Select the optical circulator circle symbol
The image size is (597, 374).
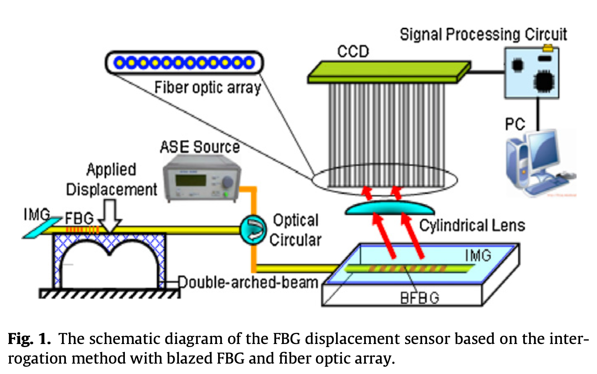[253, 229]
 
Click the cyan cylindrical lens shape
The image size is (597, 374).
[390, 208]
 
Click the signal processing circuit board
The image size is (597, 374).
[532, 73]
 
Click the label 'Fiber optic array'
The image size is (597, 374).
[207, 88]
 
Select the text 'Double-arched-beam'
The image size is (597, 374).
[248, 282]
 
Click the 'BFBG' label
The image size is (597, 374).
[419, 298]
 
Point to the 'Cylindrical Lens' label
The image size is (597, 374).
[472, 225]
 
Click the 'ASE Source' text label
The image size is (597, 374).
[200, 147]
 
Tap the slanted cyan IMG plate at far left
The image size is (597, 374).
[42, 228]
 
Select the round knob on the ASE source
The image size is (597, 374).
[227, 182]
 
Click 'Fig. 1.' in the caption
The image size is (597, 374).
[29, 339]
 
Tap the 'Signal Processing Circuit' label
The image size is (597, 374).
[483, 35]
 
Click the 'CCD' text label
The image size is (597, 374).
[353, 52]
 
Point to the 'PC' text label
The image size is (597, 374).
[515, 124]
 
